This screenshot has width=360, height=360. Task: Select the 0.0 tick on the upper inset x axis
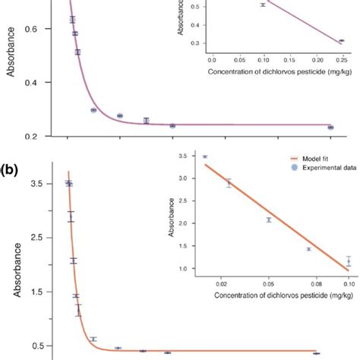tap(212, 58)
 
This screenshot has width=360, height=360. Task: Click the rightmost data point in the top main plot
tap(330, 128)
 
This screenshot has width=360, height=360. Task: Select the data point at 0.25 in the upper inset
tap(341, 40)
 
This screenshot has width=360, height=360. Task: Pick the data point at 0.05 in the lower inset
tap(269, 219)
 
